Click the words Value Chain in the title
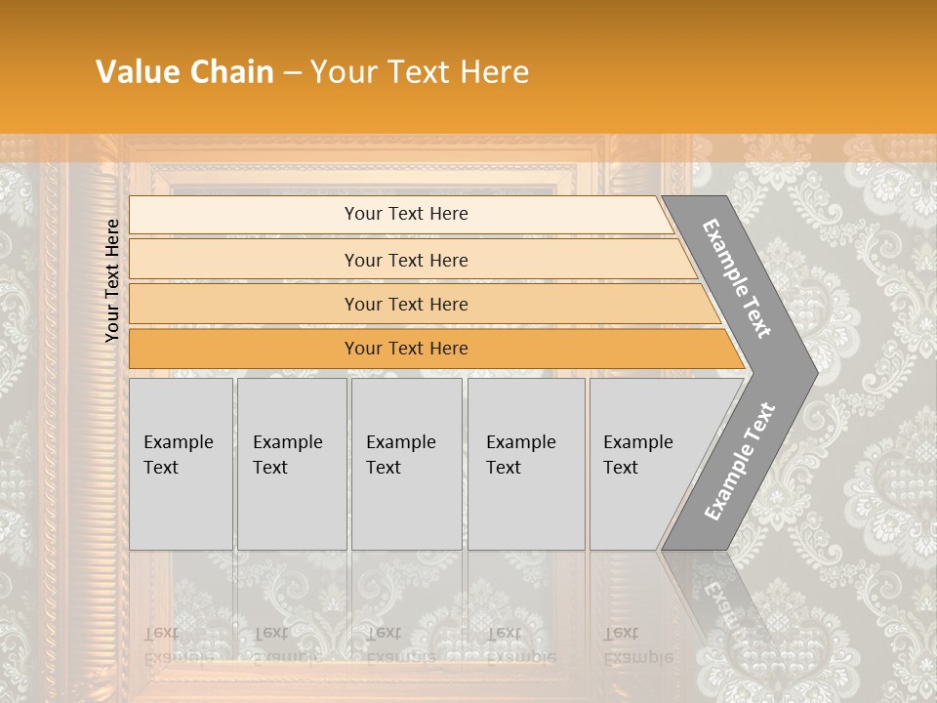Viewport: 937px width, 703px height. coord(184,72)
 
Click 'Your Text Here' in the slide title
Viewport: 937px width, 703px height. coord(420,72)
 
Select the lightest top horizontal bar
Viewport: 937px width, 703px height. coord(244,215)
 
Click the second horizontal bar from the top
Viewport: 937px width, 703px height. coord(244,260)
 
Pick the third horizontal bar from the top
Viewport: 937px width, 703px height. coord(244,305)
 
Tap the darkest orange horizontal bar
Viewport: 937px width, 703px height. coord(244,349)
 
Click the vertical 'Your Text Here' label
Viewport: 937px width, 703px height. coord(112,280)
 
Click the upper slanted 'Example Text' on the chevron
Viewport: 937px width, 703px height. coord(737,278)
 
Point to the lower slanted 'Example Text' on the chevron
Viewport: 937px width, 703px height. coord(739,461)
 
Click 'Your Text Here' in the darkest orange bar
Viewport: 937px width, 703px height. coord(406,349)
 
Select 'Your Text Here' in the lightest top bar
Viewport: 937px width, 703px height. coord(406,214)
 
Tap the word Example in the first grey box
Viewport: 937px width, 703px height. coord(178,442)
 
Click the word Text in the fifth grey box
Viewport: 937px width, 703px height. coord(621,468)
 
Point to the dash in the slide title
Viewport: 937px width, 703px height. coord(292,73)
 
